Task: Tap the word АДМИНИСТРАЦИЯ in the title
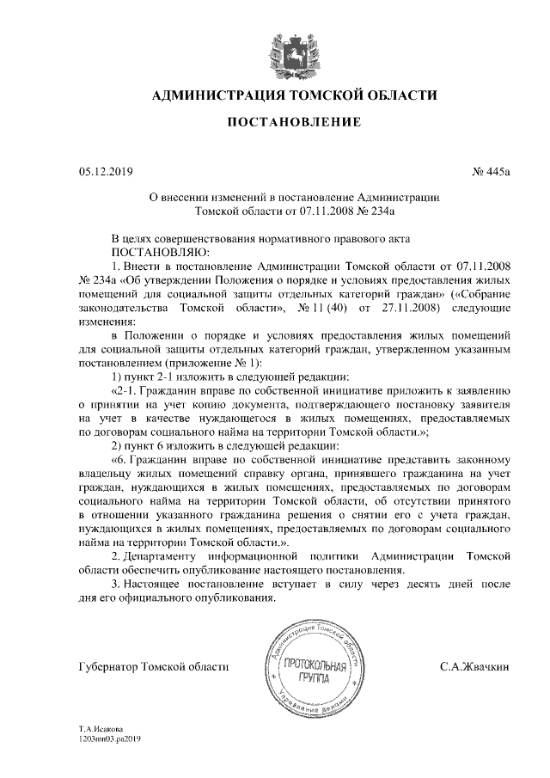click(217, 95)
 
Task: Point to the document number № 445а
click(491, 173)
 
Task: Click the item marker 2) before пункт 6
click(119, 445)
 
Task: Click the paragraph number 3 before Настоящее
click(116, 585)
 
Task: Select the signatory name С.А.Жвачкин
click(475, 666)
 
